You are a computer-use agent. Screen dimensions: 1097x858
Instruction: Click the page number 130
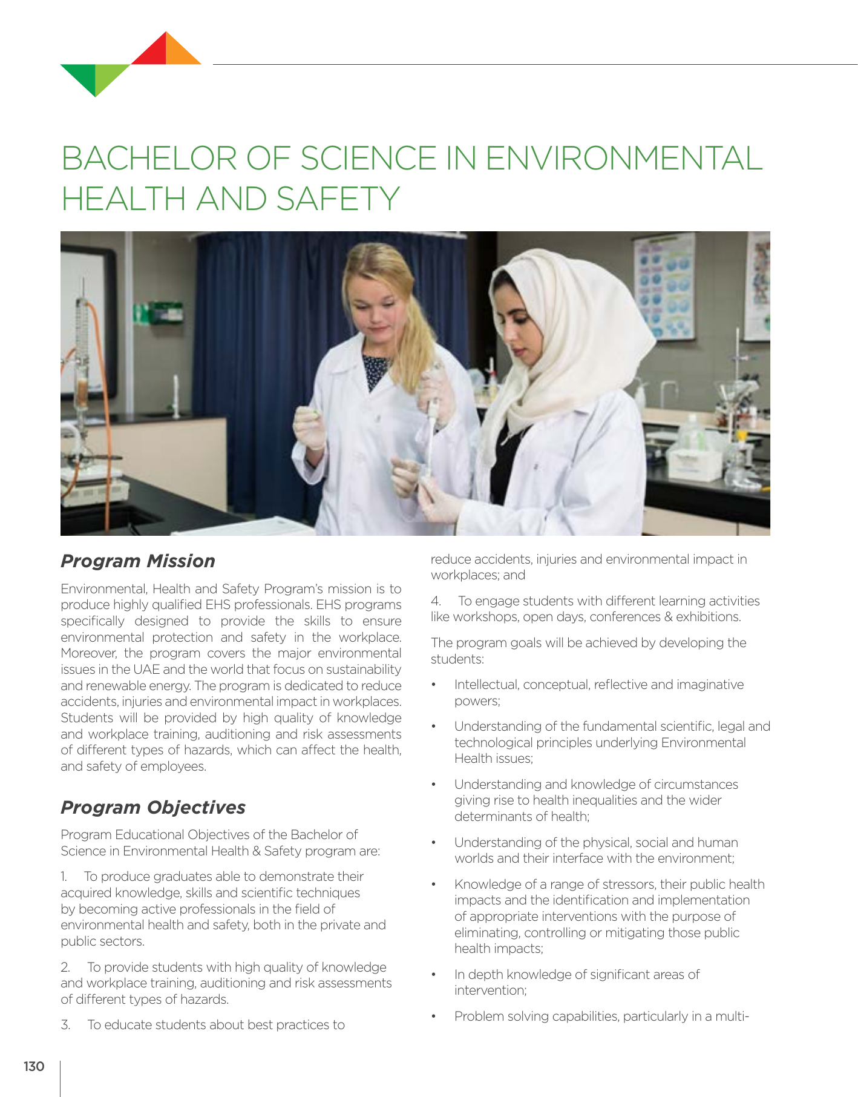(34, 1066)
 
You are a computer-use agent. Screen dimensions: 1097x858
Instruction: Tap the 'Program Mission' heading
(138, 561)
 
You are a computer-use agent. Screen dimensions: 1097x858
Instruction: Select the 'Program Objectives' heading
(153, 808)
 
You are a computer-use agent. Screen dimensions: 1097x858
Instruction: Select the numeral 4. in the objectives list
(436, 601)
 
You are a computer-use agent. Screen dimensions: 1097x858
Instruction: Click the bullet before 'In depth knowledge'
(434, 975)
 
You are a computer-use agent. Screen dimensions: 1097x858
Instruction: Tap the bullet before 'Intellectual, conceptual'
(434, 685)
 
